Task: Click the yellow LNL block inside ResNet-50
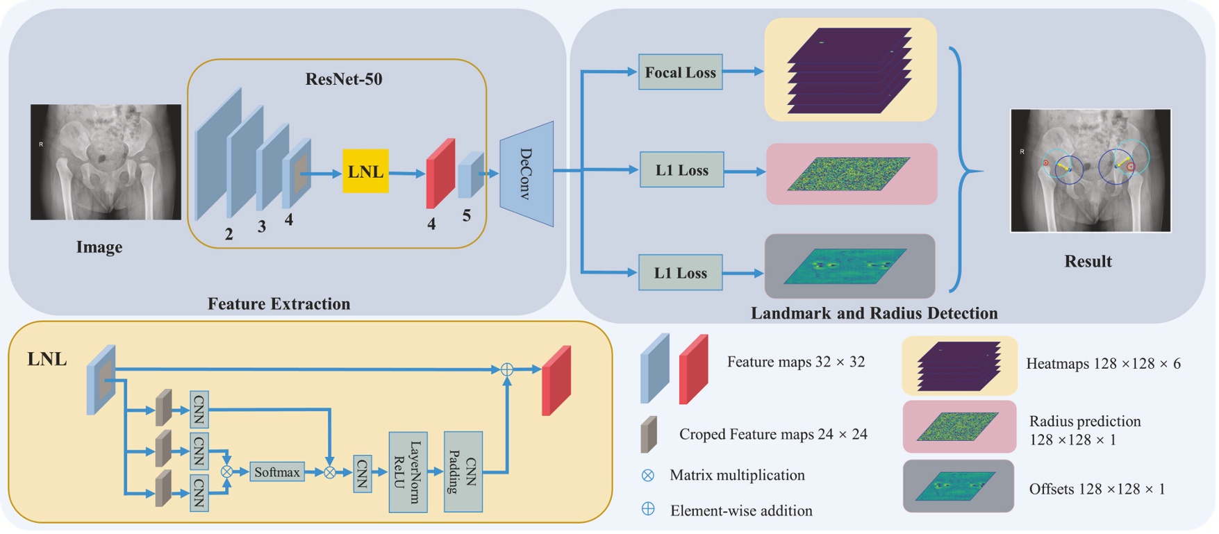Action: (365, 172)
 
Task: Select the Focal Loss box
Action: (680, 72)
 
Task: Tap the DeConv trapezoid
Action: (527, 174)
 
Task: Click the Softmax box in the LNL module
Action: (276, 472)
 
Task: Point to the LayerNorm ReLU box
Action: (408, 472)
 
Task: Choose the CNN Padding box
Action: (463, 472)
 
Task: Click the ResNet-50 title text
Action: (344, 79)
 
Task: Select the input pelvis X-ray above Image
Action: (106, 162)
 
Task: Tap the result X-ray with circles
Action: (1090, 170)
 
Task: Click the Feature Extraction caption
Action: (279, 303)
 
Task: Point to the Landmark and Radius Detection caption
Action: (874, 313)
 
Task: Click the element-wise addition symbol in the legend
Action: (648, 509)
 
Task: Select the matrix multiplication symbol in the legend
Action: (648, 475)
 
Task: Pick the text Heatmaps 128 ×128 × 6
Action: (1103, 363)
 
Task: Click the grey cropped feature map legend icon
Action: (649, 434)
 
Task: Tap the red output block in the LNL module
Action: (556, 381)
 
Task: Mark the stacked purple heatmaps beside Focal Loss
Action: (849, 69)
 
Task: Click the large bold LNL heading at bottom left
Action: (47, 359)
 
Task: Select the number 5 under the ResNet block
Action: (467, 216)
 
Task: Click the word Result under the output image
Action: (1088, 261)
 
